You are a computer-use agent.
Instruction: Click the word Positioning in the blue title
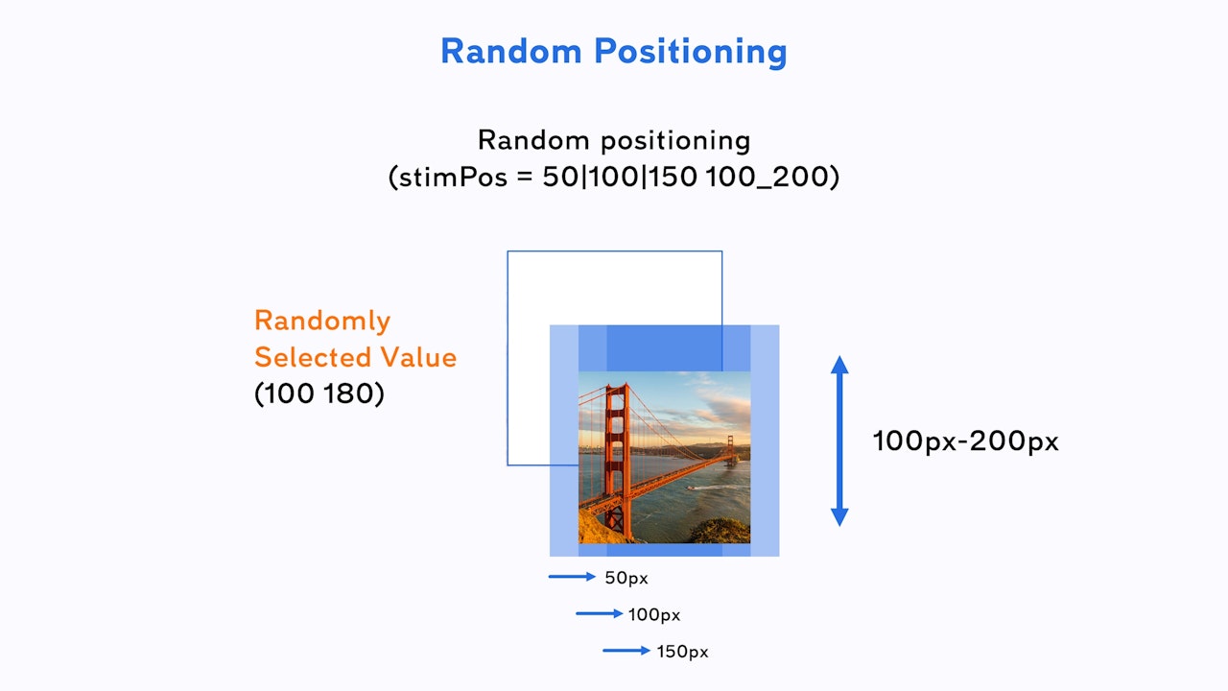691,53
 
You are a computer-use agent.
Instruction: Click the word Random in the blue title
511,51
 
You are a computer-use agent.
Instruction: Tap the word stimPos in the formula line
453,178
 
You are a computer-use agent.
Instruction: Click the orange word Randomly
322,321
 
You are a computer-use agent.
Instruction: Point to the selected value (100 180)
319,393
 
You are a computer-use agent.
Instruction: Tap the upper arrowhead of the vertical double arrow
839,366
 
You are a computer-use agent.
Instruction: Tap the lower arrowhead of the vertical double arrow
839,517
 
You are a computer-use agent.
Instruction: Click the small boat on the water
691,488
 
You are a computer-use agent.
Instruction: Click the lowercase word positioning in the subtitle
676,141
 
